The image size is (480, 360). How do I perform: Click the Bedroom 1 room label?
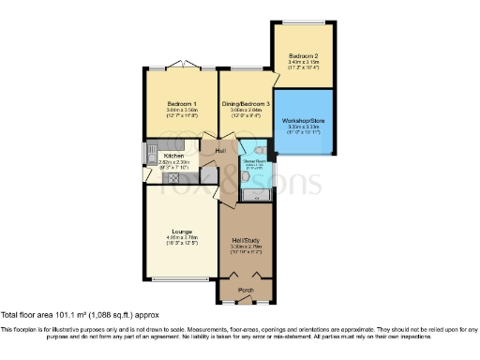click(x=181, y=103)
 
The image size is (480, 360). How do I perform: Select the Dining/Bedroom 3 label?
click(x=246, y=103)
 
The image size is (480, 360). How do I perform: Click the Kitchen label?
click(x=173, y=156)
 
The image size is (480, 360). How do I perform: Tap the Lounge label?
click(x=181, y=231)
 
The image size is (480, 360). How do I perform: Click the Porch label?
click(x=246, y=291)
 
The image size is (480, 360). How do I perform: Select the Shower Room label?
click(x=254, y=160)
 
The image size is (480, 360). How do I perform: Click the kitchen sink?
click(x=149, y=153)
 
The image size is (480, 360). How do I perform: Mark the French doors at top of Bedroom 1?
click(x=181, y=67)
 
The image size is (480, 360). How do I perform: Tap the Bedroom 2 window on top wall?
click(x=306, y=22)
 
